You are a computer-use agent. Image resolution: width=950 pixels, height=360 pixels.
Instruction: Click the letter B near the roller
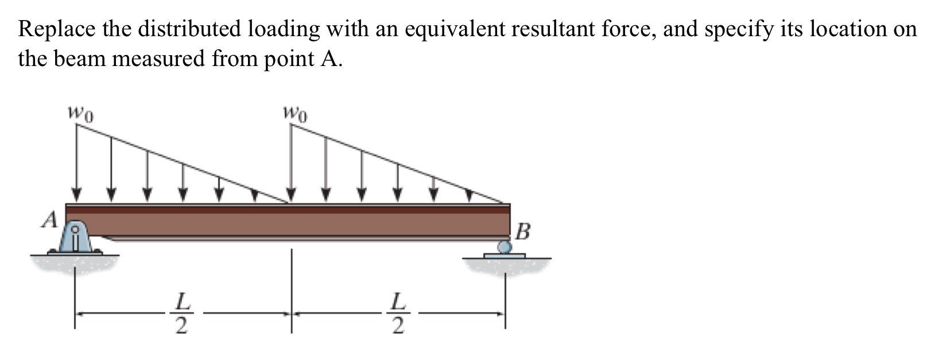(523, 231)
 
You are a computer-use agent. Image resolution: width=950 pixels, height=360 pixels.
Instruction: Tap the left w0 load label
(81, 113)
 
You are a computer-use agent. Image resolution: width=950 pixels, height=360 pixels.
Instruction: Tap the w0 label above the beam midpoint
(295, 113)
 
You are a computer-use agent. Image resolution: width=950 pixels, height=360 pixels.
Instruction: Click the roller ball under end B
(505, 247)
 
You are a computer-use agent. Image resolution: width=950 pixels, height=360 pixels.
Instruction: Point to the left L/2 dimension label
(181, 313)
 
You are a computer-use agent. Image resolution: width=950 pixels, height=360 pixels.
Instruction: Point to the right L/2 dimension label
(397, 313)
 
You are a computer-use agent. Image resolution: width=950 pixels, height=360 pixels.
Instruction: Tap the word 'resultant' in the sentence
(552, 29)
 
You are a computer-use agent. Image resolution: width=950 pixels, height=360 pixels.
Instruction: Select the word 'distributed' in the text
(189, 29)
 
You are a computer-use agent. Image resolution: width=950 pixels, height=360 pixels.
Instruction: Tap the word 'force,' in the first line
(627, 29)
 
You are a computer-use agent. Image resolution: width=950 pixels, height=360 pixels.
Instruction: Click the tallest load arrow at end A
(76, 161)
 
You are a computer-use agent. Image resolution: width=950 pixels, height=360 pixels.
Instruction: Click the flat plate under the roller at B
(504, 256)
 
